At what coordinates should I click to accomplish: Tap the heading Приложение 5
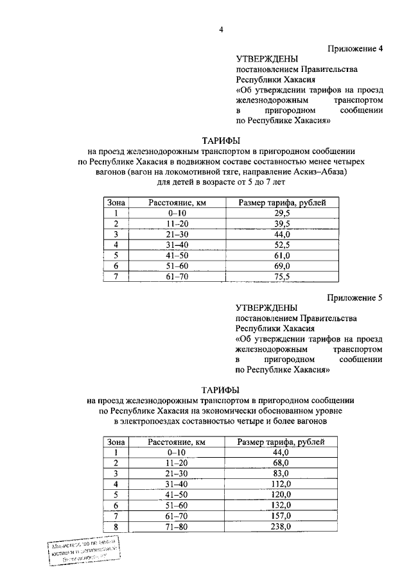pos(355,298)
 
